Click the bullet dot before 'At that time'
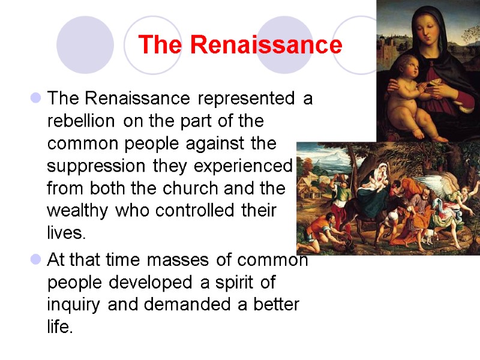(35, 260)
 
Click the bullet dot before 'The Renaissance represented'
(35, 98)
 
